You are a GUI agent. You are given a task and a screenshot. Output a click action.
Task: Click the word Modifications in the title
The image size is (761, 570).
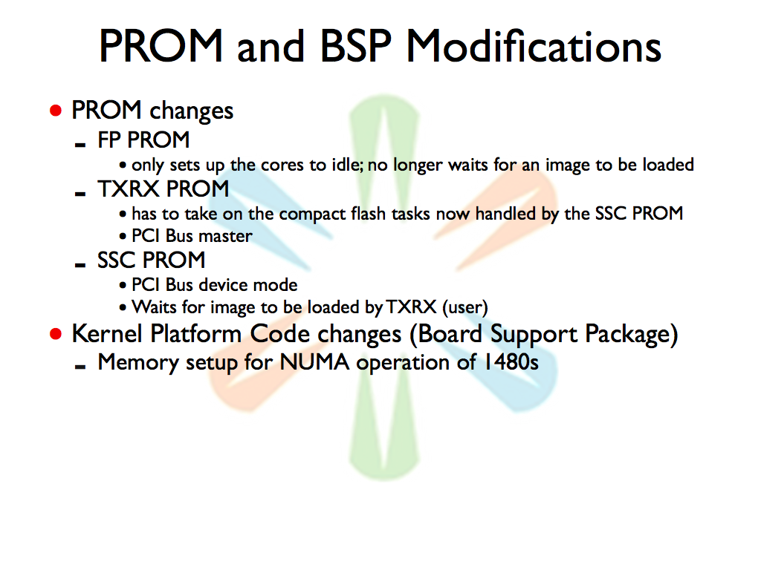[534, 45]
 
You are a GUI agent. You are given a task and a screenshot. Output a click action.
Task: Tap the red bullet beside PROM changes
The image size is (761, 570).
[56, 111]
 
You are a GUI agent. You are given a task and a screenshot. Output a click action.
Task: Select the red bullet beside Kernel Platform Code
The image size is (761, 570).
[56, 334]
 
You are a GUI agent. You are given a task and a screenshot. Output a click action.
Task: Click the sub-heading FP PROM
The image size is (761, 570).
[143, 140]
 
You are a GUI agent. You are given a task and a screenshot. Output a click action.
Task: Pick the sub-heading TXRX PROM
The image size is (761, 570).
[163, 189]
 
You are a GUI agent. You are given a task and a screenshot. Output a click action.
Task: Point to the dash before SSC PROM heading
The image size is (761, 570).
[80, 265]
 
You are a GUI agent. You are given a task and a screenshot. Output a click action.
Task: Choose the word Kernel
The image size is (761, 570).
[108, 334]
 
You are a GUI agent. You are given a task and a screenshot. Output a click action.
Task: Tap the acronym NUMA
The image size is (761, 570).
[314, 362]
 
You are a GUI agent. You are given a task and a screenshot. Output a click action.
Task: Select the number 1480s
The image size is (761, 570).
[511, 362]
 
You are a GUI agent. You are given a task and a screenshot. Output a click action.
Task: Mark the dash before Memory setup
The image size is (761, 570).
[80, 367]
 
